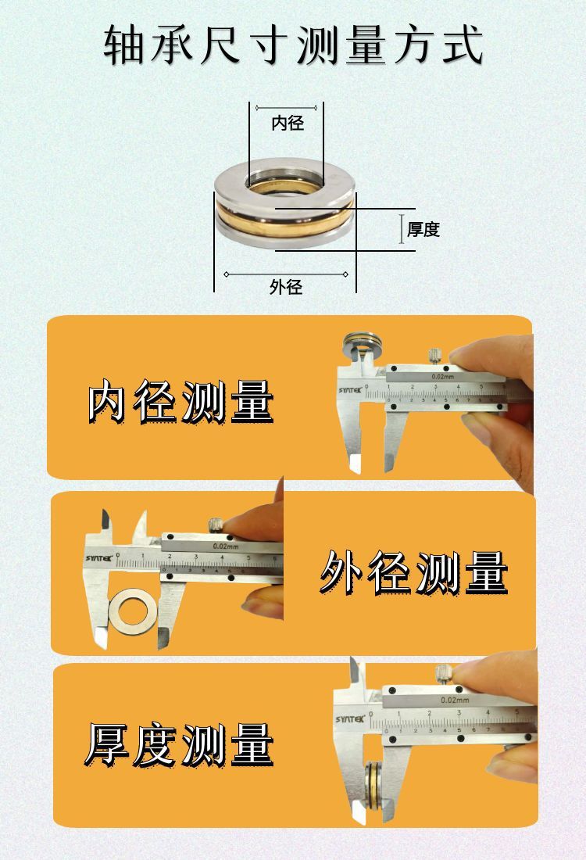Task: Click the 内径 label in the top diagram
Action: point(287,123)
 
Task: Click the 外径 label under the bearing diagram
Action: point(286,287)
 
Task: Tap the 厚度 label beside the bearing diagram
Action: point(423,229)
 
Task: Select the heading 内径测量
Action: point(180,402)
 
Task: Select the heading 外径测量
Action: point(414,572)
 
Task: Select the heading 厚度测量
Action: point(180,744)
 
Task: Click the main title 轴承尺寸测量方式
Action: point(294,45)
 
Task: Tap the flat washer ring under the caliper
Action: point(133,613)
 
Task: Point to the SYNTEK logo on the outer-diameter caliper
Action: point(98,558)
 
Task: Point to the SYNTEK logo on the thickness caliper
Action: point(349,718)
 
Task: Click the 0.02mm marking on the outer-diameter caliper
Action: point(227,546)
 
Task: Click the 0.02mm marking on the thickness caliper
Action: point(453,701)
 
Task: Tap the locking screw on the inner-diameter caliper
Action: point(434,355)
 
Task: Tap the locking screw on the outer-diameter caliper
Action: point(215,523)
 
